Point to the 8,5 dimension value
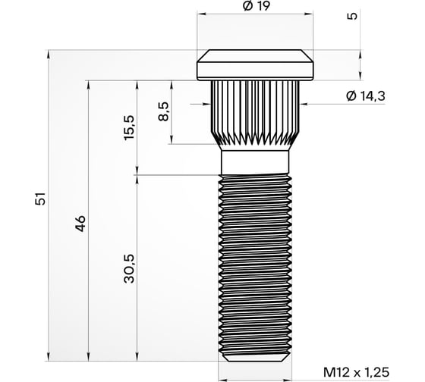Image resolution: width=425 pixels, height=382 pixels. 164,111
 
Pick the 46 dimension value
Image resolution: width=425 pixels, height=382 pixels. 81,223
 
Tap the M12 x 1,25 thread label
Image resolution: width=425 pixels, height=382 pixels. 354,373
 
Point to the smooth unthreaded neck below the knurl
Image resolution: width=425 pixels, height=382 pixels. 254,161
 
